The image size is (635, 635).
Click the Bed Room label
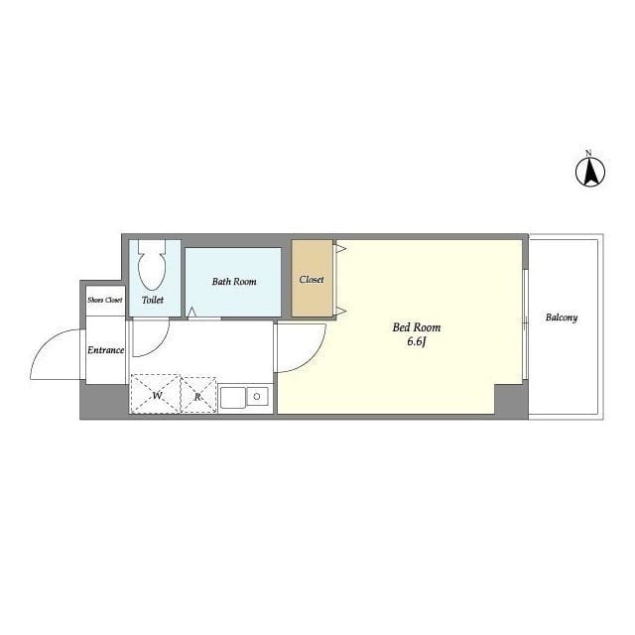[417, 327]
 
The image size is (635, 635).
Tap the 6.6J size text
[417, 342]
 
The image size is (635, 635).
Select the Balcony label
[562, 317]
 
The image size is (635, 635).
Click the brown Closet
[312, 278]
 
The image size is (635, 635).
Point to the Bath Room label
[234, 282]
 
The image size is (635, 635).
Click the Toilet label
[153, 300]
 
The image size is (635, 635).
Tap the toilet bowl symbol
[152, 265]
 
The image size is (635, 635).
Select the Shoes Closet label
[105, 300]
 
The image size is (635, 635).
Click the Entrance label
[106, 350]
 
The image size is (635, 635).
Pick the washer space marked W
[155, 394]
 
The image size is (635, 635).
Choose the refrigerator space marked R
[198, 395]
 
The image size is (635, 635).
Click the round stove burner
[257, 397]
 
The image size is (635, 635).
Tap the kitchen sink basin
[233, 398]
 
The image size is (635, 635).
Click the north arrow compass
[590, 172]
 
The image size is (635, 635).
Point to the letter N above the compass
[589, 153]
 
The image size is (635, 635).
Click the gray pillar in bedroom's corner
[511, 402]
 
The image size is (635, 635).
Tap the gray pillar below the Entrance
[104, 402]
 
